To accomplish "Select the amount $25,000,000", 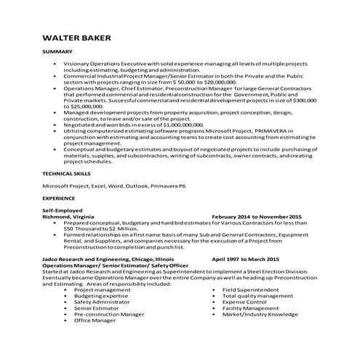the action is coord(84,106).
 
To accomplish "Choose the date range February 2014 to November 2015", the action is coord(256,217).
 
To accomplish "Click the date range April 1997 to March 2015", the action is coord(245,258).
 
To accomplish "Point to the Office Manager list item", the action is coord(95,321).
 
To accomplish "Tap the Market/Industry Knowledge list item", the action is coord(260,314).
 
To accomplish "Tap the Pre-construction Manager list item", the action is coord(109,314).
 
